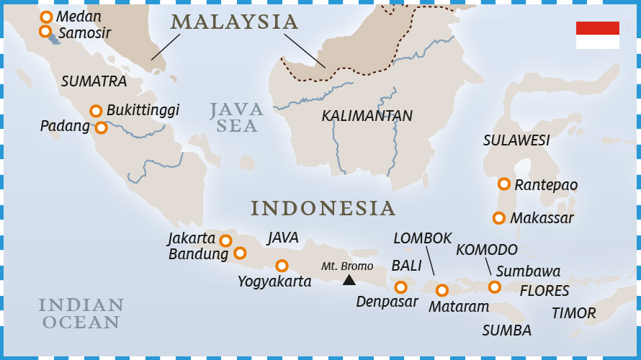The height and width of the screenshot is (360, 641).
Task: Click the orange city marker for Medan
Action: [x=46, y=17]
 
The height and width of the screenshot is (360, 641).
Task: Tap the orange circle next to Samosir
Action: [x=45, y=31]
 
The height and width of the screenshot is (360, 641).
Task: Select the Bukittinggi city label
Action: [x=143, y=110]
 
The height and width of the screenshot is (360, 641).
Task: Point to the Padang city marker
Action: [x=101, y=127]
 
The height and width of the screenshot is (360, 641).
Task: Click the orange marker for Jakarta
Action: [x=225, y=240]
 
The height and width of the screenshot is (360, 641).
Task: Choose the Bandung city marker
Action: [x=240, y=253]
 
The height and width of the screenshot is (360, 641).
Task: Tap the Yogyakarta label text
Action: [x=274, y=282]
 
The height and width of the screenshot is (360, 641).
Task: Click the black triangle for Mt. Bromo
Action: [x=349, y=280]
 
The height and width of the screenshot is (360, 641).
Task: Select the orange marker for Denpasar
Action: [x=400, y=287]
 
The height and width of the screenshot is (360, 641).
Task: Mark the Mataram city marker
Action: [x=442, y=290]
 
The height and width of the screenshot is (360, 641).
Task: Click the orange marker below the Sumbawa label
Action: [x=494, y=287]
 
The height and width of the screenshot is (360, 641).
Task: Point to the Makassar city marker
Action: [x=498, y=217]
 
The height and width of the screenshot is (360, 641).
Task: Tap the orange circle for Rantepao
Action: [x=504, y=184]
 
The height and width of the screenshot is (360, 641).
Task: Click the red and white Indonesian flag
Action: [x=597, y=35]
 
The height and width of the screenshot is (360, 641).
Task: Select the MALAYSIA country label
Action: [x=235, y=22]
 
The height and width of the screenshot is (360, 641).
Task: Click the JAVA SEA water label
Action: [x=237, y=117]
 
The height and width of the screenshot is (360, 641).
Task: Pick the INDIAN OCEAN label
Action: [x=81, y=313]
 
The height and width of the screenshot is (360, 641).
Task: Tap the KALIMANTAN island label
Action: [x=367, y=116]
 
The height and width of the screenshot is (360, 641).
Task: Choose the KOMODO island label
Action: [x=487, y=250]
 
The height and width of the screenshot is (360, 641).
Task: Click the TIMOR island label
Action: [x=573, y=313]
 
